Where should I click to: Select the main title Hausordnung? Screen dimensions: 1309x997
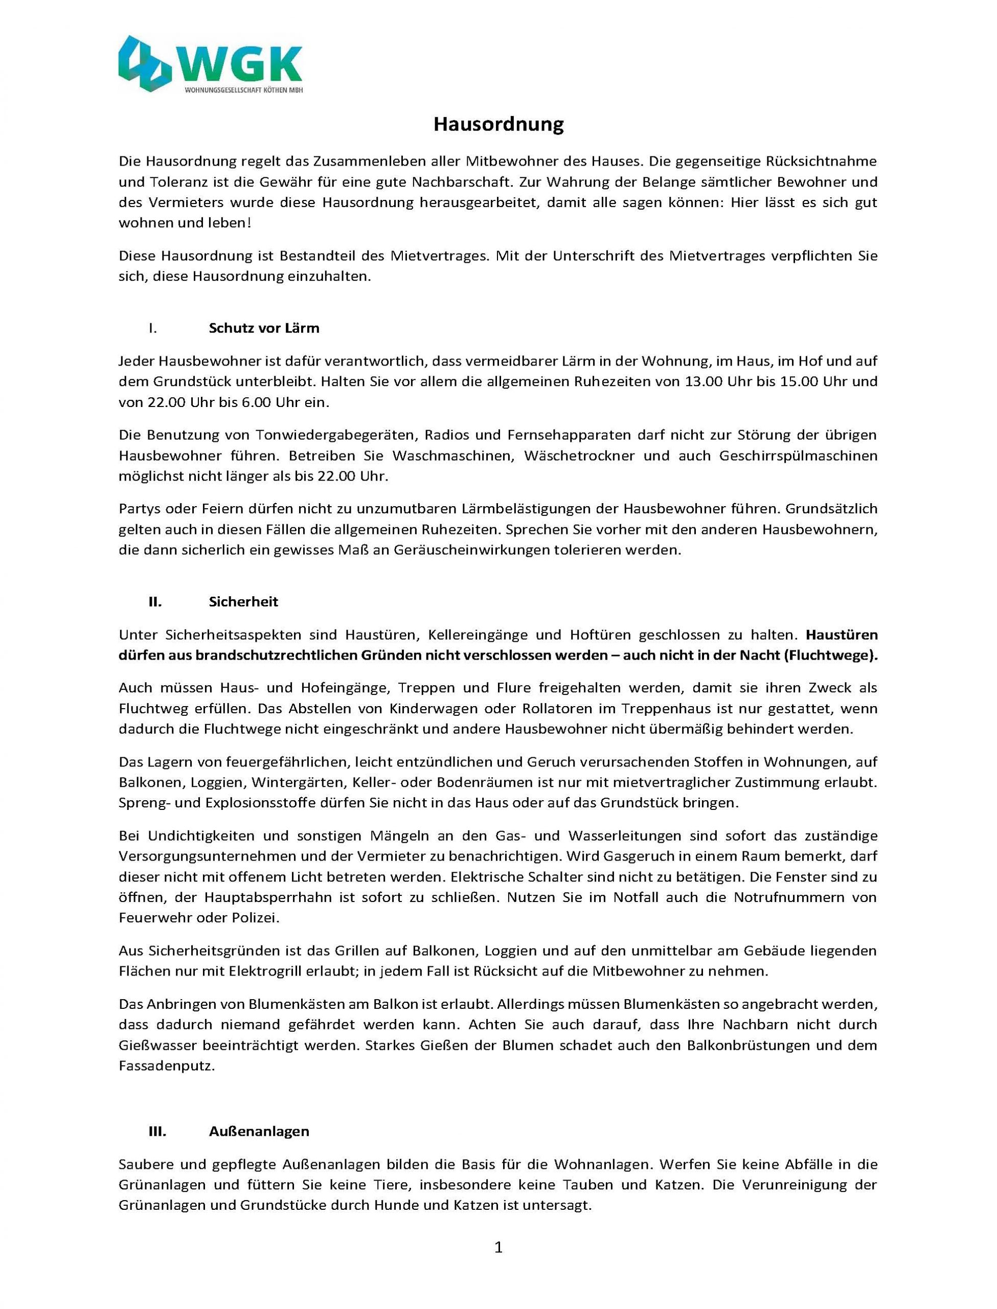click(x=498, y=125)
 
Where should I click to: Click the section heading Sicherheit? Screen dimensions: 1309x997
click(x=243, y=602)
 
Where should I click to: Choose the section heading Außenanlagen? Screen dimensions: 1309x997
click(x=259, y=1131)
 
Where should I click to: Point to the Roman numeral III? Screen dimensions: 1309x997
click(x=157, y=1131)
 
